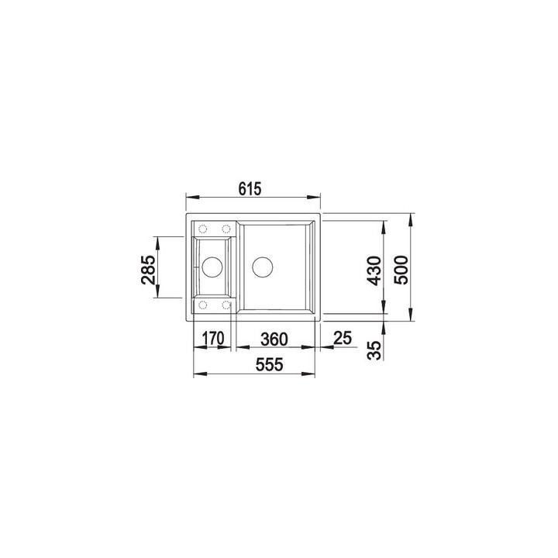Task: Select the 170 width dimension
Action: (x=213, y=339)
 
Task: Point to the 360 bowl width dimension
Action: (x=274, y=339)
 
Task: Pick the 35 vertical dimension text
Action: (x=376, y=350)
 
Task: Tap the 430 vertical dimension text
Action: (x=374, y=269)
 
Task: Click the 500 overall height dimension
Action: (x=402, y=269)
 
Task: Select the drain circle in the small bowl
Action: (x=211, y=268)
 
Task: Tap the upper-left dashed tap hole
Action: (x=202, y=229)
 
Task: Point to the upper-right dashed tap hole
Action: (x=226, y=229)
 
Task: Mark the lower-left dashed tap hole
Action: (x=202, y=305)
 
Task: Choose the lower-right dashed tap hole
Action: (x=226, y=305)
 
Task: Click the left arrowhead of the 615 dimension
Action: (x=189, y=197)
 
